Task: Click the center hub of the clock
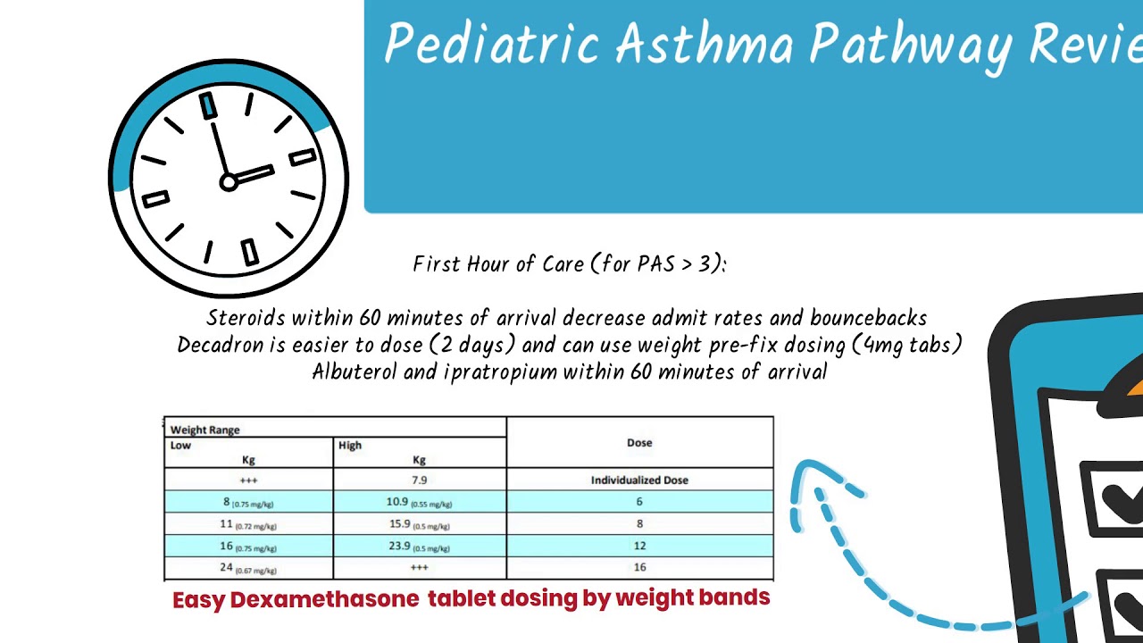pos(228,182)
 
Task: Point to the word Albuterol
pos(355,372)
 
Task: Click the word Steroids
pos(246,318)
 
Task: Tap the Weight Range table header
pos(205,430)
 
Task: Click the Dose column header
pos(639,443)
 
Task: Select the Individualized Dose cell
pos(639,480)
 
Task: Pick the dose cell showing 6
pos(639,502)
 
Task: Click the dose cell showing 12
pos(639,546)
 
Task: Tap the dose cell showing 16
pos(639,567)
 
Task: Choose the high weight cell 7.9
pos(419,480)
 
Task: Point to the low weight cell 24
pos(227,567)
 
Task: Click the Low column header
pos(181,446)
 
